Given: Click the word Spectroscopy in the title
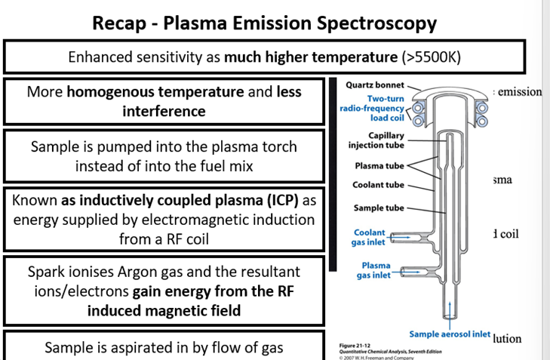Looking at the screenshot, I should [377, 23].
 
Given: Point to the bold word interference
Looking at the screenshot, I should [164, 112].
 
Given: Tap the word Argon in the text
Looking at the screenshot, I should [146, 271].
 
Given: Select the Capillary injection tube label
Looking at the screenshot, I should [375, 140].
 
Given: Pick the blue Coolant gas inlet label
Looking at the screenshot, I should [370, 238].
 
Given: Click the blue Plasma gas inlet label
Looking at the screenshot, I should [375, 270].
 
